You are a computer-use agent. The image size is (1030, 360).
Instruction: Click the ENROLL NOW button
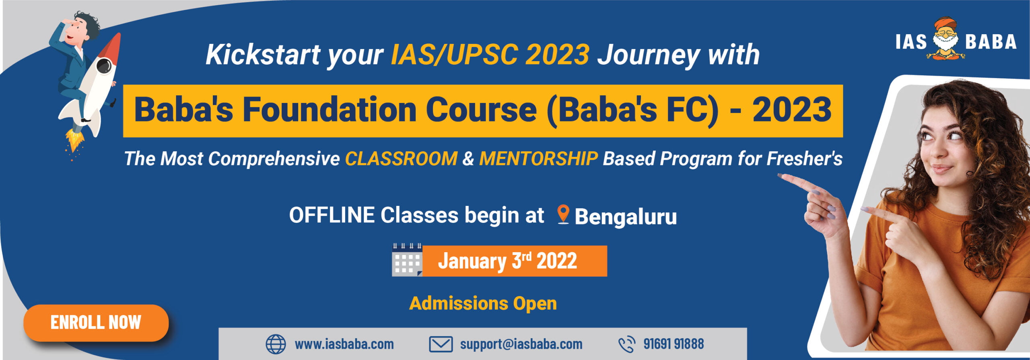point(96,323)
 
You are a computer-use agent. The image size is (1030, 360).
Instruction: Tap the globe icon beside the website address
point(276,344)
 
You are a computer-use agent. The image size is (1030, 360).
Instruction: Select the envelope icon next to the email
point(441,344)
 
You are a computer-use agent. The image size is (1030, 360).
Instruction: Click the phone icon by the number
point(626,344)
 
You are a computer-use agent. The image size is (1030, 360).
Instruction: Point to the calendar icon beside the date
point(407,260)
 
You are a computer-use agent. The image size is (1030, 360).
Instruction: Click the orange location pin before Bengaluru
point(563,214)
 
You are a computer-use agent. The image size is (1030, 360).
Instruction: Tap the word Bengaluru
point(626,217)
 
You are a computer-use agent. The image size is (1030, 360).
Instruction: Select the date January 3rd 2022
point(507,261)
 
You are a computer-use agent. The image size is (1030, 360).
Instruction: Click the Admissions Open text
point(483,304)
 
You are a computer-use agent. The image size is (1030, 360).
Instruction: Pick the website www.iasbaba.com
point(344,344)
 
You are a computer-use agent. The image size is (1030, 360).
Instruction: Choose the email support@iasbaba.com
point(521,344)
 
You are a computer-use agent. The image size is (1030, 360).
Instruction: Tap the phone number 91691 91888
point(674,344)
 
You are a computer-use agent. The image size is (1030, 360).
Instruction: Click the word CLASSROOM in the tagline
point(401,158)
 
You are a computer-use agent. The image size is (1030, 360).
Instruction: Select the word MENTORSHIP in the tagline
point(538,158)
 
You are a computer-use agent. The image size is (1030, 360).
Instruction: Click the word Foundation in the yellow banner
point(329,110)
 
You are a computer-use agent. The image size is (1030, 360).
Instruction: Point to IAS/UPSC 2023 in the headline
point(490,55)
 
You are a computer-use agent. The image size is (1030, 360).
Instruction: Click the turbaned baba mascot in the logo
point(946,39)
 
